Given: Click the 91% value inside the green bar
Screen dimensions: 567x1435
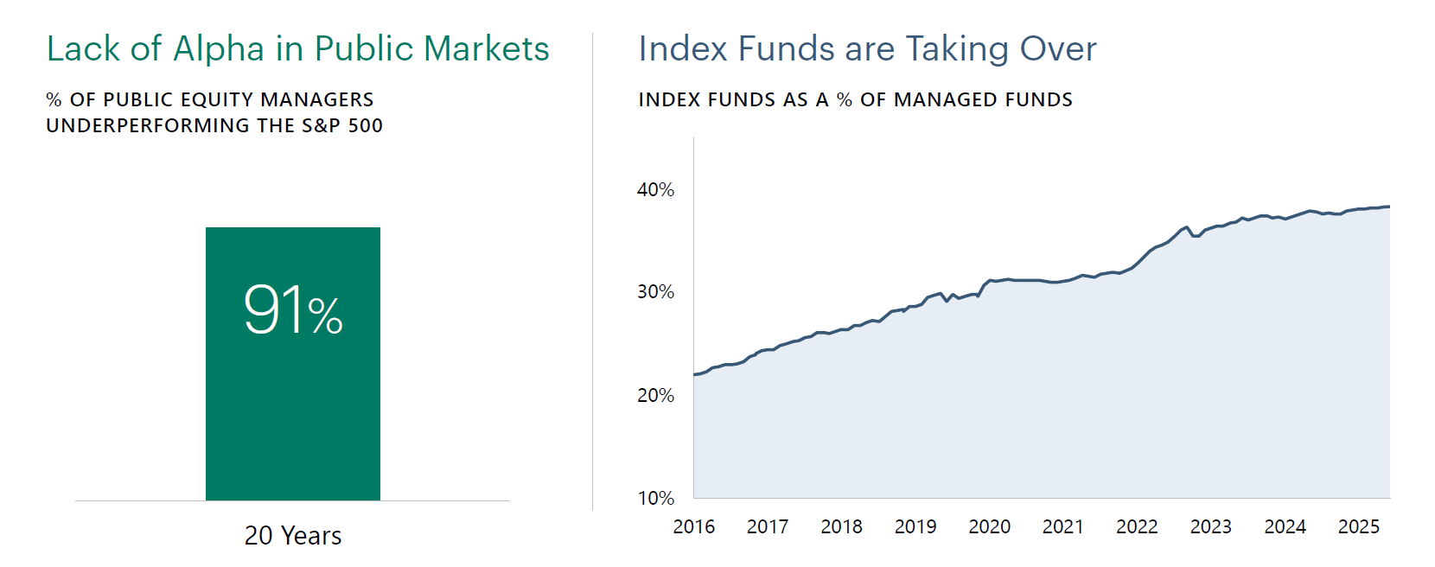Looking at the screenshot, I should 293,310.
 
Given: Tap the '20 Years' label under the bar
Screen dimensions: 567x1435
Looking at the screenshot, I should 293,536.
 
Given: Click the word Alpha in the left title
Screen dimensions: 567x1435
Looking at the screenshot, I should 219,49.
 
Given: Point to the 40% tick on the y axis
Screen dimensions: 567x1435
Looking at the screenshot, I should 655,189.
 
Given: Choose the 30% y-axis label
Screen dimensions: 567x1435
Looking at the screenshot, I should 655,292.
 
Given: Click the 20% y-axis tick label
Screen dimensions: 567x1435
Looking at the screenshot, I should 655,395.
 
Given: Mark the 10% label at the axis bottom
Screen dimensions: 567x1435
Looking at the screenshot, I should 655,498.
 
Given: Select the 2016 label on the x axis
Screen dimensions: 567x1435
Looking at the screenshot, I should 694,526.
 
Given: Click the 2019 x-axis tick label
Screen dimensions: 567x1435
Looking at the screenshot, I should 915,526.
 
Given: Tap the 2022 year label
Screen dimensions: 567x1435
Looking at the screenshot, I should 1137,526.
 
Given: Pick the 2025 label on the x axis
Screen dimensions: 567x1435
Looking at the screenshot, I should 1359,526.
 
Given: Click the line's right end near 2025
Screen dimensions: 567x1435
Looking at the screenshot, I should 1388,207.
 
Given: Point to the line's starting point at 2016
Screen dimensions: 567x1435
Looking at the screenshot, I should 695,374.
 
